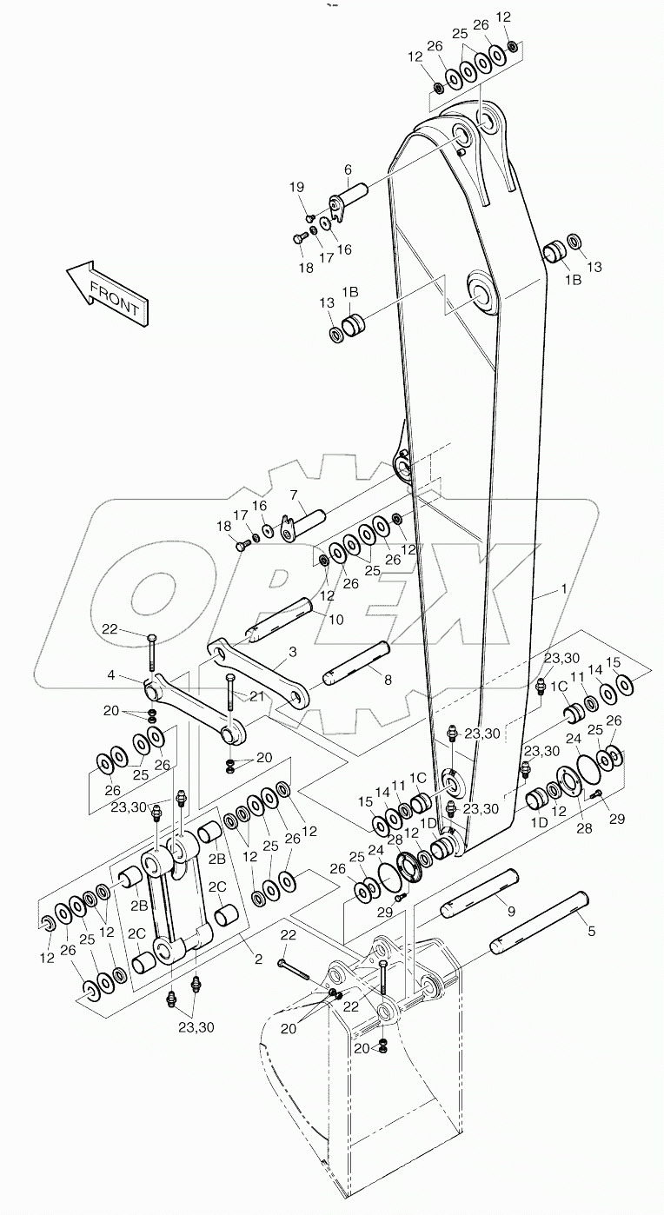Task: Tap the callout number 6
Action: click(348, 169)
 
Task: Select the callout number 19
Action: click(297, 188)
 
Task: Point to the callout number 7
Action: click(294, 495)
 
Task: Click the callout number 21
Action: click(256, 696)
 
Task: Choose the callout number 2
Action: click(257, 959)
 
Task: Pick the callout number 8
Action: click(388, 680)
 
